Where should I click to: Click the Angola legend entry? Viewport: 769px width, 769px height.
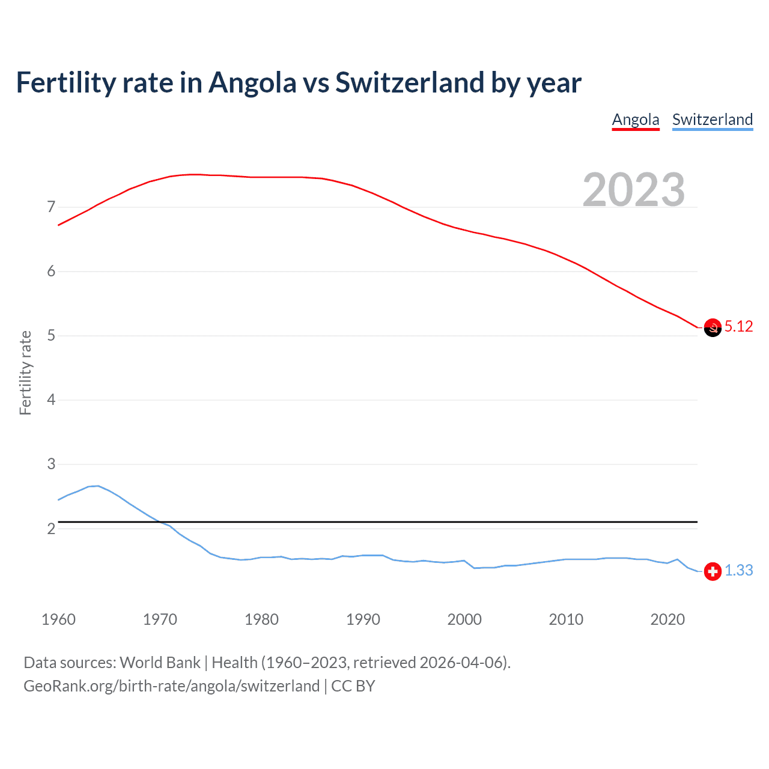tap(636, 120)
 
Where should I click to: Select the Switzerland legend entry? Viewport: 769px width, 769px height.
tap(712, 120)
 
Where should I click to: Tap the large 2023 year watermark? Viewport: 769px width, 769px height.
tap(633, 190)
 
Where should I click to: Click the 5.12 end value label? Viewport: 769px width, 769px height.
tap(738, 326)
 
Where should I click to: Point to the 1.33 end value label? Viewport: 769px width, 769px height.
tap(738, 570)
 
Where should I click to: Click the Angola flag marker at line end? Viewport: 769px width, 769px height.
tap(713, 327)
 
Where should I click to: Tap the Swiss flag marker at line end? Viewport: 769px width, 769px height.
tap(713, 571)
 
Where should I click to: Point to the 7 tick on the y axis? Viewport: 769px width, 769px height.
tap(51, 207)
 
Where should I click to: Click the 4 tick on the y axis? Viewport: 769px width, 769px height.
tap(51, 400)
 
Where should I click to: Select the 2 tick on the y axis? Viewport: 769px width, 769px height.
tap(51, 529)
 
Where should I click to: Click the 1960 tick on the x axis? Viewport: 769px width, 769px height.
tap(58, 619)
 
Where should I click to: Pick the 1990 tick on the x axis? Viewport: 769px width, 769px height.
tap(363, 619)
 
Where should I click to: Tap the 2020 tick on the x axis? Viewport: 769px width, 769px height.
tap(667, 619)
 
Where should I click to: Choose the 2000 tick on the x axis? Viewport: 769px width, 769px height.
tap(464, 619)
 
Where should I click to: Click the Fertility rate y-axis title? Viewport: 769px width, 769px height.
tap(25, 372)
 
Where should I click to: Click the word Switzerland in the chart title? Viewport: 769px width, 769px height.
tap(409, 82)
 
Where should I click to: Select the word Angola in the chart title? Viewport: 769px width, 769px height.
tap(252, 82)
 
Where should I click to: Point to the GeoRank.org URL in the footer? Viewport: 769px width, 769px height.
tap(171, 686)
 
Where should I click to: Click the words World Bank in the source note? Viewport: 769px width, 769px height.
tap(160, 663)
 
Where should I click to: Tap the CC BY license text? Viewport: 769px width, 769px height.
tap(353, 686)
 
